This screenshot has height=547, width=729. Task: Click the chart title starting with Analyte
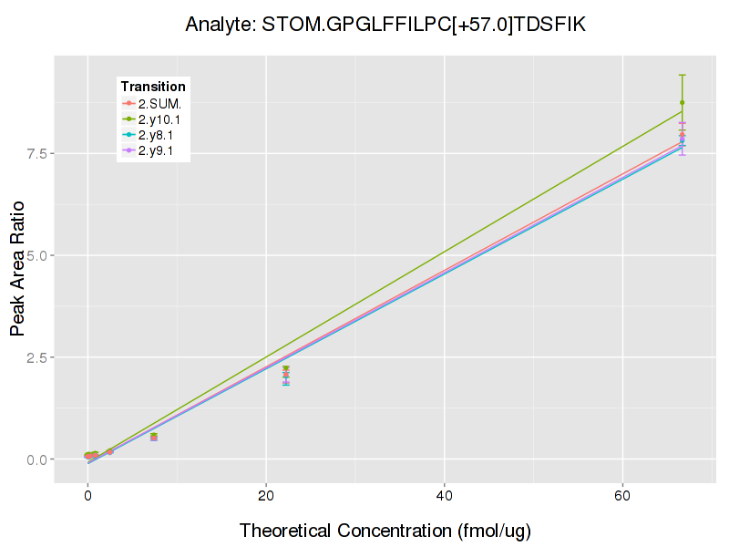(x=385, y=25)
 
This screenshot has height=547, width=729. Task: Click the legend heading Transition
(x=153, y=87)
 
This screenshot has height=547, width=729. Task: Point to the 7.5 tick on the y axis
(x=37, y=153)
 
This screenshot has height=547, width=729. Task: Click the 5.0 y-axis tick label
(x=37, y=255)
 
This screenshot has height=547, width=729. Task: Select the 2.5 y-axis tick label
(x=37, y=357)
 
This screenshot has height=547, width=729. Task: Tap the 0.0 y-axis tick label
(x=37, y=459)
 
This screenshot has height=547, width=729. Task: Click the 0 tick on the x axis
(x=87, y=498)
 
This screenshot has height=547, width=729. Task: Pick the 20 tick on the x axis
(x=265, y=498)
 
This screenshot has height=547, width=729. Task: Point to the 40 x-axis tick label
(x=444, y=498)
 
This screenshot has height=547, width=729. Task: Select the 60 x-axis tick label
(x=622, y=498)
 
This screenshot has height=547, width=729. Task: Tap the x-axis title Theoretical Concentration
(x=385, y=531)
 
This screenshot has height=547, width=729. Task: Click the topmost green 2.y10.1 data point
(x=682, y=103)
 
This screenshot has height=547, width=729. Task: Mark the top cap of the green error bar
(x=682, y=75)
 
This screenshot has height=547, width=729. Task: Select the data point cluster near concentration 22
(x=285, y=374)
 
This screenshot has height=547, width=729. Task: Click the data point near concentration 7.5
(x=154, y=437)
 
